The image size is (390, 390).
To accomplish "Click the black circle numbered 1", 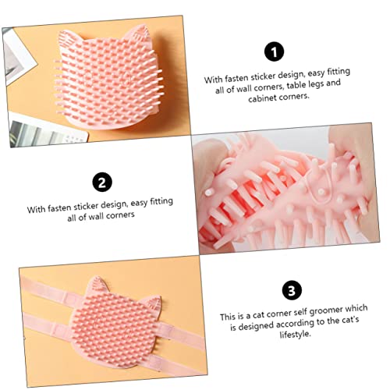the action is click(274, 51).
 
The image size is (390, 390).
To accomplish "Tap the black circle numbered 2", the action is click(102, 182).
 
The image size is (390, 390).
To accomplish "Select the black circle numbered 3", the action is click(292, 290).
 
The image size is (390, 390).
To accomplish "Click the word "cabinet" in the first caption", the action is click(262, 98).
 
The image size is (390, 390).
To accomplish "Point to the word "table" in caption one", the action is click(296, 85).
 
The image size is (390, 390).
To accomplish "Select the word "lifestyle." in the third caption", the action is click(296, 334).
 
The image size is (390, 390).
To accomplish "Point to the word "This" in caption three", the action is click(227, 317).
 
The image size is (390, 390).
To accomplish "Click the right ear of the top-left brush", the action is click(137, 34).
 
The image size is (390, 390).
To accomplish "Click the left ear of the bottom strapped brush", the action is click(97, 286).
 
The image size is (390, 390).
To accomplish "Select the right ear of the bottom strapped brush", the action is click(153, 303).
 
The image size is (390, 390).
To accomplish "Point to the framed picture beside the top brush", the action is click(18, 57).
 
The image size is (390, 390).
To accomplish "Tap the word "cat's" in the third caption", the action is click(349, 320).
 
